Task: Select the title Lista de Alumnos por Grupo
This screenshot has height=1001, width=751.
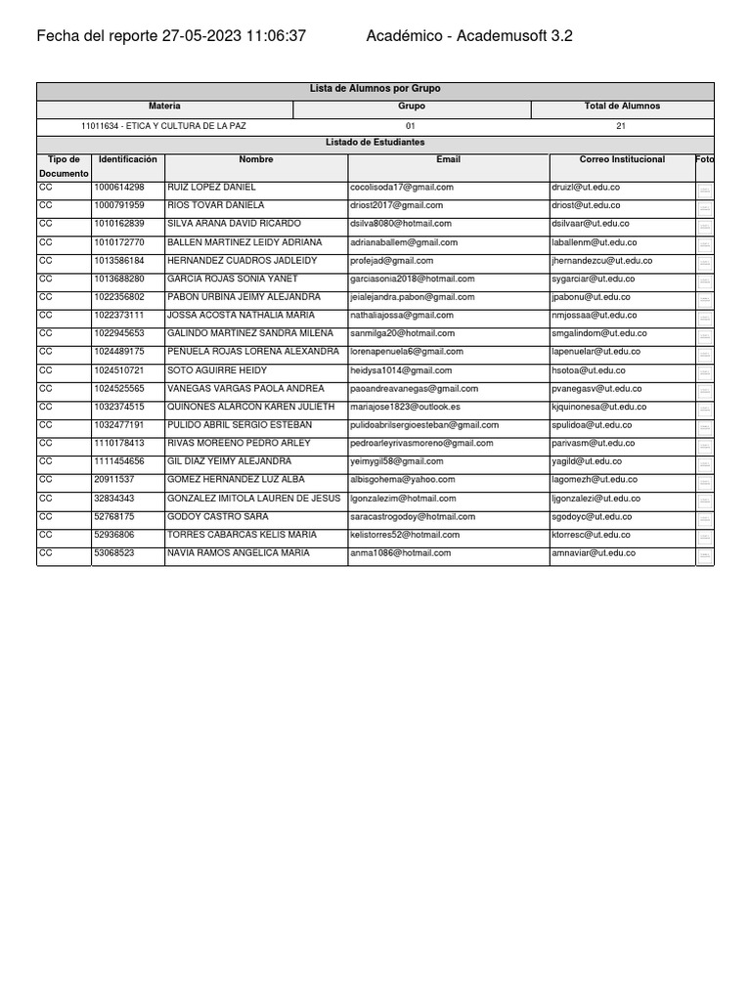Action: click(x=375, y=89)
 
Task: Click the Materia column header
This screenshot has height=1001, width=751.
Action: click(x=164, y=106)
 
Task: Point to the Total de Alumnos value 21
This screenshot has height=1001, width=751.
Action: click(x=622, y=126)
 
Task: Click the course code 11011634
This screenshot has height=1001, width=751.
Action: click(x=101, y=126)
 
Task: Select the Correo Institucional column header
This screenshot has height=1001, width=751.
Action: click(x=622, y=159)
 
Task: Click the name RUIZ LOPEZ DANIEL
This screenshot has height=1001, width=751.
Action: click(x=212, y=187)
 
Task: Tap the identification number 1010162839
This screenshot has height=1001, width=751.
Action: click(x=118, y=224)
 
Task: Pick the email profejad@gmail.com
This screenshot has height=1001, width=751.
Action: click(x=391, y=261)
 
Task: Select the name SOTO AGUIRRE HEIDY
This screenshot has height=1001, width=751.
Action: click(x=217, y=370)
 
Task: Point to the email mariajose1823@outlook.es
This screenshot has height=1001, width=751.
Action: click(x=405, y=407)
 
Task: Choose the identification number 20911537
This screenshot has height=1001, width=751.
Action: click(x=114, y=480)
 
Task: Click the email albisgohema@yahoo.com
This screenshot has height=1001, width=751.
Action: click(x=402, y=480)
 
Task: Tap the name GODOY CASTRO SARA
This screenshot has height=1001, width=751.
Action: click(x=218, y=516)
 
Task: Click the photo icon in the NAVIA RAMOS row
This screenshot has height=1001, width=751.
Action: click(x=704, y=555)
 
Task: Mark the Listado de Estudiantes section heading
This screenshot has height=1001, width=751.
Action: click(x=375, y=143)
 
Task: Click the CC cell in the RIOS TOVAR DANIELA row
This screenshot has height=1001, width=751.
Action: click(x=47, y=205)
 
